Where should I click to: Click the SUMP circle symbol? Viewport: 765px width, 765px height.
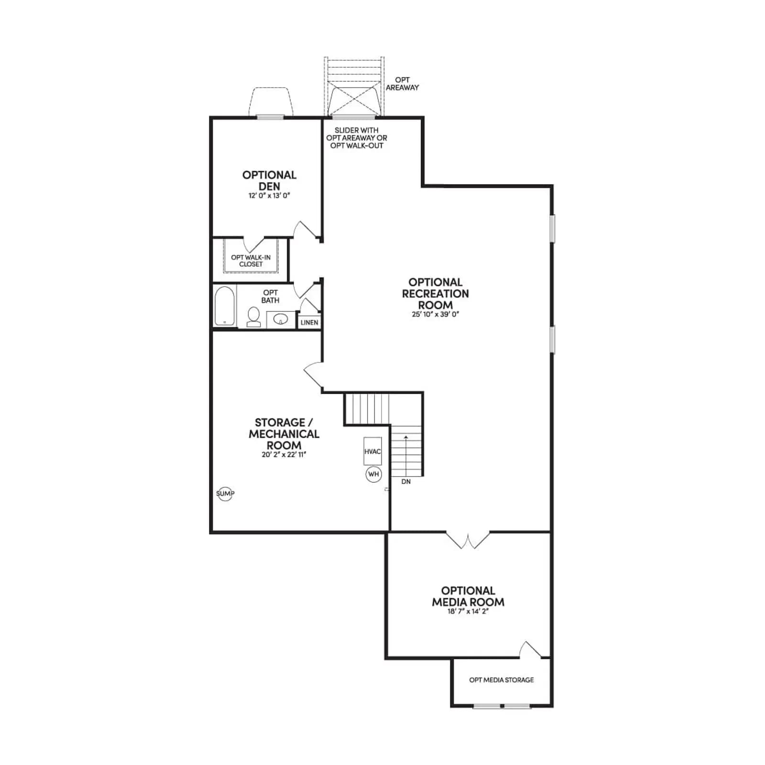tap(225, 493)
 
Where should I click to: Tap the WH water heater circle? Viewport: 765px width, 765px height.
tap(373, 474)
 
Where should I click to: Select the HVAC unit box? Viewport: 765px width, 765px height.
tap(373, 451)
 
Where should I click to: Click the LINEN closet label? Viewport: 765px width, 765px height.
tap(309, 323)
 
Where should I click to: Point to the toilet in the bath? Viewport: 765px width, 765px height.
tap(253, 317)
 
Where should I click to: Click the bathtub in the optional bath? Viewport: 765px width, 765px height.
tap(224, 306)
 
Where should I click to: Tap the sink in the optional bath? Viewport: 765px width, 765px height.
tap(280, 319)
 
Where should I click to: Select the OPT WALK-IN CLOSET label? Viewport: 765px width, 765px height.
tap(251, 261)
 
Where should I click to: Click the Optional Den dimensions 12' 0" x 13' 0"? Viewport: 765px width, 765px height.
tap(269, 196)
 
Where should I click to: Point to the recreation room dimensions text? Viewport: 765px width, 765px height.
tap(436, 314)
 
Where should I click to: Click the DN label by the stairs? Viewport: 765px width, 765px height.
tap(406, 481)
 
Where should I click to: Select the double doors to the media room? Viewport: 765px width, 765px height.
tap(468, 540)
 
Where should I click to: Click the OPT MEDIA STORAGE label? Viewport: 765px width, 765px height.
tap(502, 680)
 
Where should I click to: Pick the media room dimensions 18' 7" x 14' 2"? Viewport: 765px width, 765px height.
tap(468, 612)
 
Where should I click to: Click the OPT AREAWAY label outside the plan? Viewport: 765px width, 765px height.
tap(402, 84)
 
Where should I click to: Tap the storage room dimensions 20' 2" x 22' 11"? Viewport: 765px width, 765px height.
tap(284, 454)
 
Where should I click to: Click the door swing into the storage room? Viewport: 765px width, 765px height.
tap(313, 375)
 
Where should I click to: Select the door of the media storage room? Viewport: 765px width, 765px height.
tap(531, 650)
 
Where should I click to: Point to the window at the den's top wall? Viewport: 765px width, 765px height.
tap(270, 117)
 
